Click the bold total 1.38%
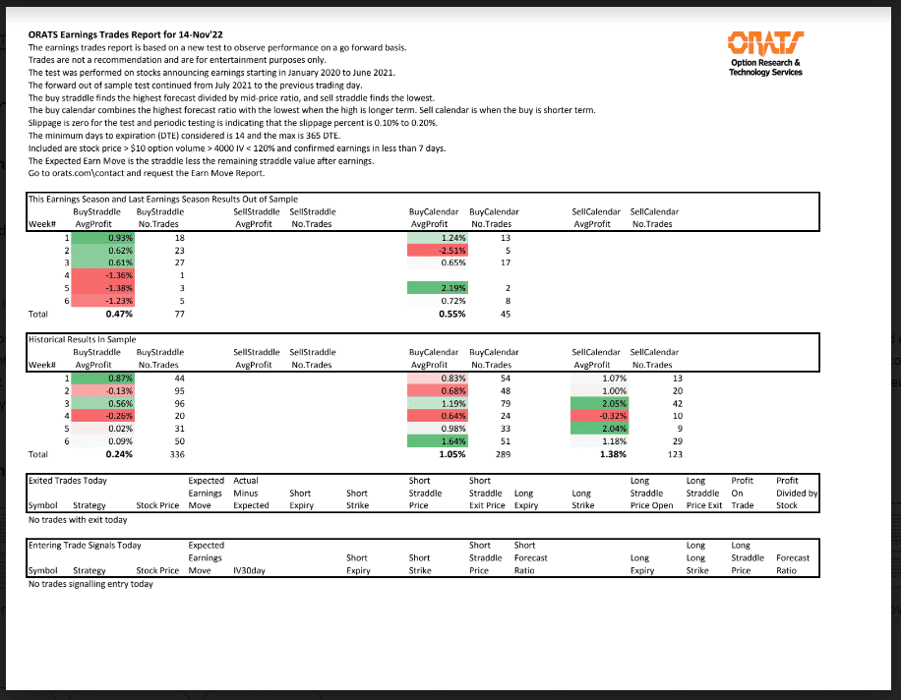tap(611, 455)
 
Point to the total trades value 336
tap(178, 455)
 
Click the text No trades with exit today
tap(79, 519)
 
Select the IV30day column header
tap(251, 570)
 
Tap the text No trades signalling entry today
tap(90, 584)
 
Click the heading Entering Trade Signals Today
tap(86, 545)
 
